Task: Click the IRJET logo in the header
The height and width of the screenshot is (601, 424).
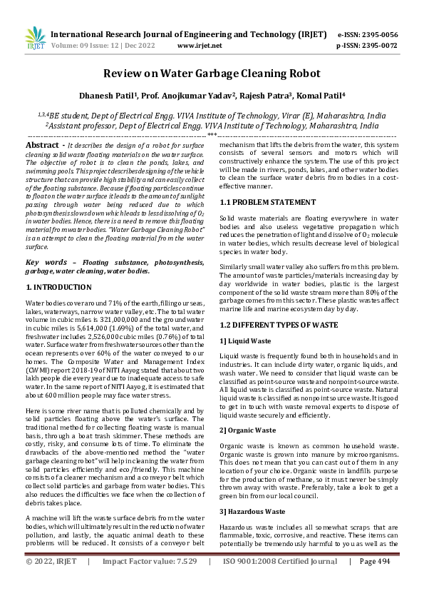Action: [x=35, y=39]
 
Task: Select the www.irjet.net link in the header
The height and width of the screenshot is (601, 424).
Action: [x=199, y=45]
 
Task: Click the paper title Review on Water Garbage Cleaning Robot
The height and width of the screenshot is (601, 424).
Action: [x=212, y=74]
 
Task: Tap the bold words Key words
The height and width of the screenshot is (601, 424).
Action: [x=46, y=263]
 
